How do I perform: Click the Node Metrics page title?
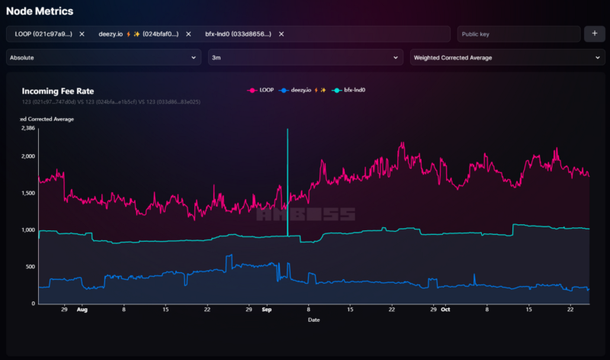pos(40,11)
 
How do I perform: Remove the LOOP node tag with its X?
pos(82,34)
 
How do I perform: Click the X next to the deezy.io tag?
pos(188,34)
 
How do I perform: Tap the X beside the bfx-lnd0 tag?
pos(281,34)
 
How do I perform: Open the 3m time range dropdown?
pos(305,57)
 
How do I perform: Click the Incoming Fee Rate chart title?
pos(58,91)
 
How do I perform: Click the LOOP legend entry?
pos(262,90)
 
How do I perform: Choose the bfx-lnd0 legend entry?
pos(351,90)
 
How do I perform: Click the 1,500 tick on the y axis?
pos(27,193)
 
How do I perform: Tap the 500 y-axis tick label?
pos(30,266)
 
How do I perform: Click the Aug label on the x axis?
pos(82,310)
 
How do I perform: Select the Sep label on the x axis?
pos(266,310)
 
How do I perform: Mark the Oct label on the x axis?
pos(445,310)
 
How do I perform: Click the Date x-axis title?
pos(313,320)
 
